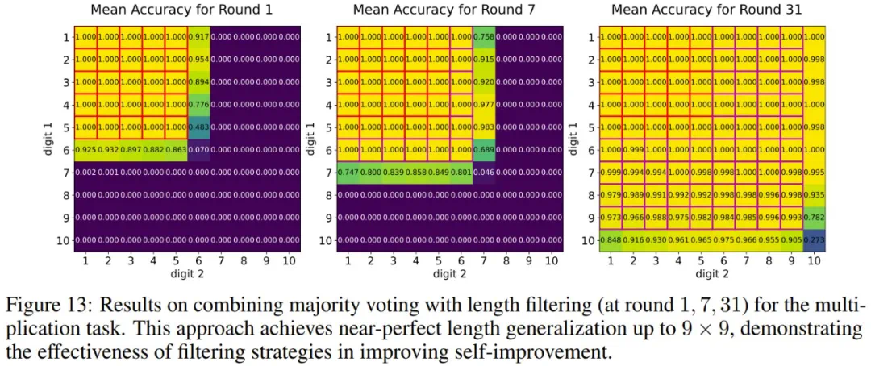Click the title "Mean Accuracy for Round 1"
tap(181, 10)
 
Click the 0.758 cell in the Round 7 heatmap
tap(484, 37)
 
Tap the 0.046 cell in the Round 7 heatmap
tap(484, 173)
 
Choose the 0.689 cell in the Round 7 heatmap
tap(484, 150)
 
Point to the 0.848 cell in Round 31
tap(610, 240)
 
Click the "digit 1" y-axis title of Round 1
tap(47, 139)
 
